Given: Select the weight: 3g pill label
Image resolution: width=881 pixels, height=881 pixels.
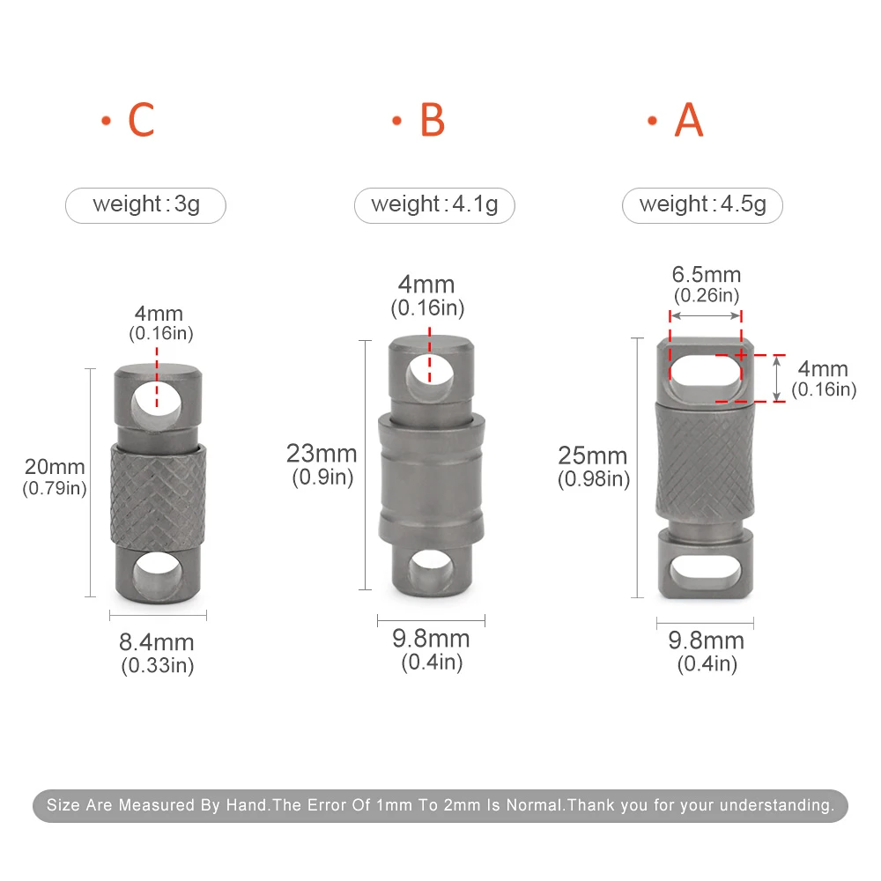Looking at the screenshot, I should (x=146, y=205).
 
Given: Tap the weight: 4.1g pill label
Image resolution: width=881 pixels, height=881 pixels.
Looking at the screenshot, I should (x=434, y=205).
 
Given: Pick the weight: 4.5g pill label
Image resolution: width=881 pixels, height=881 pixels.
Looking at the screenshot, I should (x=702, y=205).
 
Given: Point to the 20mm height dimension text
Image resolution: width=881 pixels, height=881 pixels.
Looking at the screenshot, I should (x=55, y=467).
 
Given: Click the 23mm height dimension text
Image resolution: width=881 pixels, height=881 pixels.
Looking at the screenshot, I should (x=322, y=454).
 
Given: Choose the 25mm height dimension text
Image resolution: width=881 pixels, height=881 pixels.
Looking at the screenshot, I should (x=593, y=455).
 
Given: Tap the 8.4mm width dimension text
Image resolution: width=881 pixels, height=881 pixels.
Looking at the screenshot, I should (x=157, y=642).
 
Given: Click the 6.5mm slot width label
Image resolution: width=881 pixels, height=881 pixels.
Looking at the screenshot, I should (x=707, y=275).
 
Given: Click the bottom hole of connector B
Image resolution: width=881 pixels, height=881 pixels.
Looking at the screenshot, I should (x=430, y=568).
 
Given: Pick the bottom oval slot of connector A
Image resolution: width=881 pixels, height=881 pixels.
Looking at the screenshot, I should (x=705, y=573).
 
